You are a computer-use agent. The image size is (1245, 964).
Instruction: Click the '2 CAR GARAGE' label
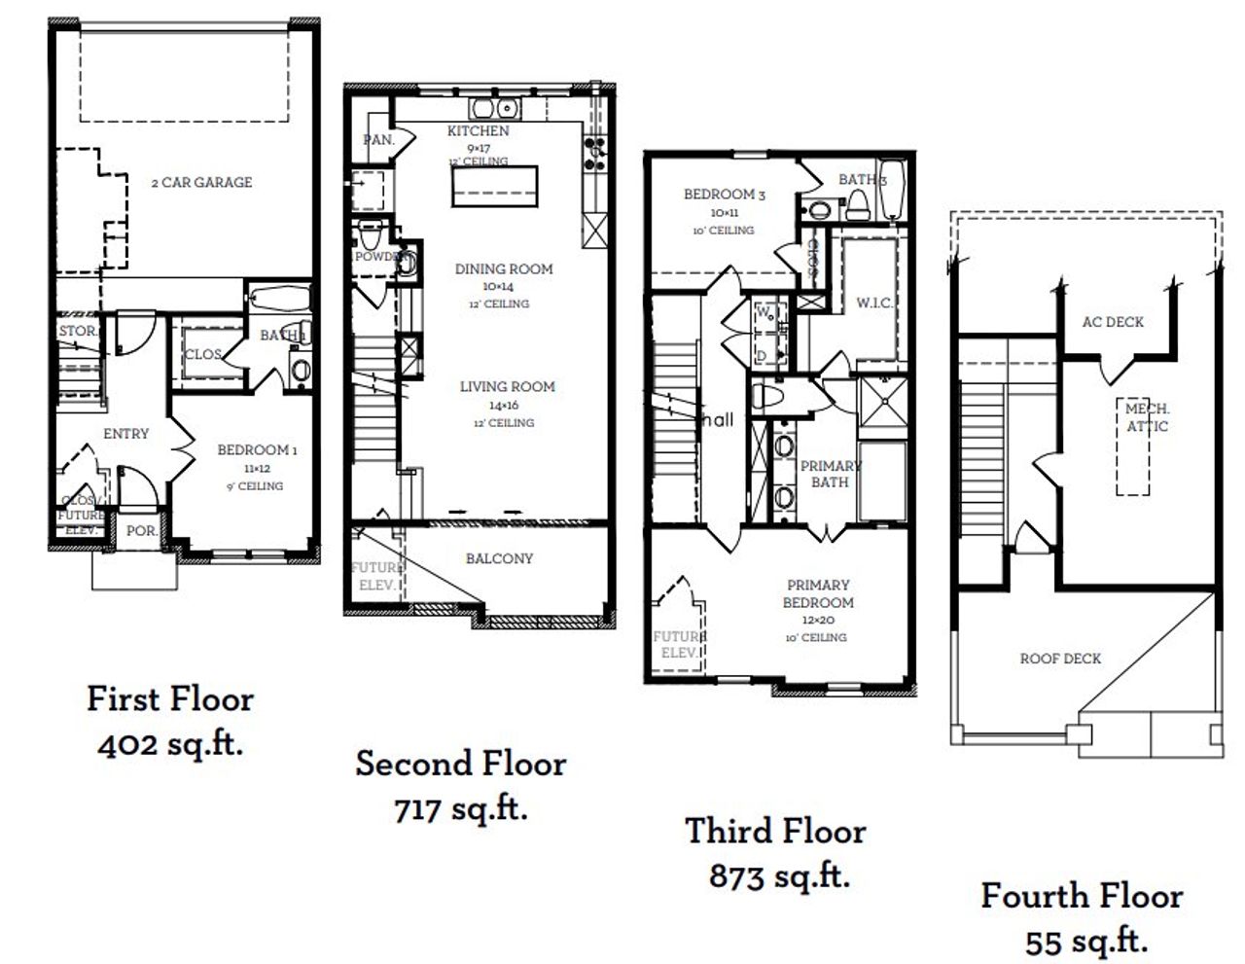(201, 182)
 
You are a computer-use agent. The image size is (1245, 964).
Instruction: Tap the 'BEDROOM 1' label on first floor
(257, 450)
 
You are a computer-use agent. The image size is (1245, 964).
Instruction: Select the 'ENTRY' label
(125, 434)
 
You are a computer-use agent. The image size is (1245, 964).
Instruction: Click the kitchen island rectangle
(494, 186)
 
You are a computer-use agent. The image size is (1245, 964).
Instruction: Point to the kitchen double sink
(495, 108)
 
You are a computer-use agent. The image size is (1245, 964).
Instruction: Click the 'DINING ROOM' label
(504, 269)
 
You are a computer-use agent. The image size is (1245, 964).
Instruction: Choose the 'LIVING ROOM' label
(507, 387)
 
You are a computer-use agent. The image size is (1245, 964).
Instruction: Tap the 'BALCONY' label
(499, 558)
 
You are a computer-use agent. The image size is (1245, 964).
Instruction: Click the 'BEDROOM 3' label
(724, 195)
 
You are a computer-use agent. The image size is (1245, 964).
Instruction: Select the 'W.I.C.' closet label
(873, 303)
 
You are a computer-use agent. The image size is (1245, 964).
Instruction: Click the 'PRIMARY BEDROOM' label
(818, 593)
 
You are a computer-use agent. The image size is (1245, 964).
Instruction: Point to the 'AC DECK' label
(1113, 322)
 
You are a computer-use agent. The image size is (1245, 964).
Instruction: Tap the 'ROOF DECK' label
(1060, 659)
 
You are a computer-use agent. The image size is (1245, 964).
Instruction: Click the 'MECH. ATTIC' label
(1148, 418)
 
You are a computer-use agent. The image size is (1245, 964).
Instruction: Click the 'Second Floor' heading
(460, 764)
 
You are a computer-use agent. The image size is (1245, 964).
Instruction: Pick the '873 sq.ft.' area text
(779, 876)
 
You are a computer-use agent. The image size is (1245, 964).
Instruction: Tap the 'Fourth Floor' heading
(1082, 896)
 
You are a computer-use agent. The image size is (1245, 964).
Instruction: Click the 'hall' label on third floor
(718, 420)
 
